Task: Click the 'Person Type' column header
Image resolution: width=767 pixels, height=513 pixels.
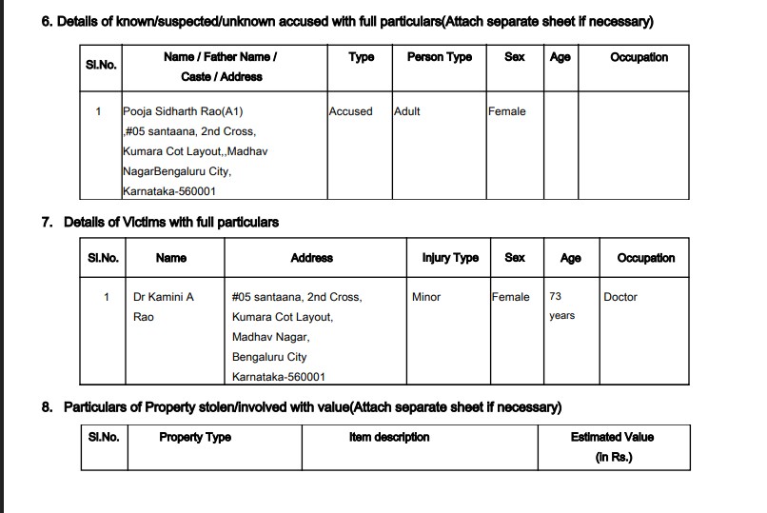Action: (439, 57)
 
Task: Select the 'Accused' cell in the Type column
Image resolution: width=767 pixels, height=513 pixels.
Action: (350, 111)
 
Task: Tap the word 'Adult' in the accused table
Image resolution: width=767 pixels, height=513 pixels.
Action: (407, 111)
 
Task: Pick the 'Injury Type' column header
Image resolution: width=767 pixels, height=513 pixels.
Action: (450, 258)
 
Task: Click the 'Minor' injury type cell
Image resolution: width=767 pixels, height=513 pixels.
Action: (426, 297)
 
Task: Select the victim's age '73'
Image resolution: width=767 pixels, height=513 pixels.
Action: (555, 297)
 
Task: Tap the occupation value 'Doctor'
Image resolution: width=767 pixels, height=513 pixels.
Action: (620, 297)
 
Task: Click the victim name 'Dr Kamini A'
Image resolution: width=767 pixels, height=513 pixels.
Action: (163, 297)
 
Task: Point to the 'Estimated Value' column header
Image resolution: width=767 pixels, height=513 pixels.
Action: (612, 437)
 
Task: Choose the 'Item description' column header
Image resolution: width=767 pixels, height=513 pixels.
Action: (389, 437)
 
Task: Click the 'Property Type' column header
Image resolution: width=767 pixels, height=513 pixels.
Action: (195, 437)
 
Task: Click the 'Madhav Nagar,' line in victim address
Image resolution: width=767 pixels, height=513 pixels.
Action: (270, 337)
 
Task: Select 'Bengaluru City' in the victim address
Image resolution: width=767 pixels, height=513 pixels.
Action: (269, 357)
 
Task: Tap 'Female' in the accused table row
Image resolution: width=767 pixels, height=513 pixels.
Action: (506, 111)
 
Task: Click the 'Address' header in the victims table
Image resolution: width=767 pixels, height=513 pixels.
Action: (311, 258)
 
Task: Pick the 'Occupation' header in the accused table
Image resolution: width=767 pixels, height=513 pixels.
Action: (639, 57)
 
